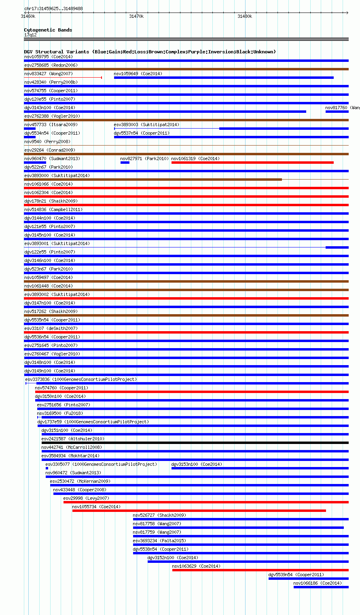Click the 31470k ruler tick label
point(136,16)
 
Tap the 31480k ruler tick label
point(245,16)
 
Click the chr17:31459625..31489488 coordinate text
point(53,8)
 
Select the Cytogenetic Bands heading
point(48,30)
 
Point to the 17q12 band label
point(30,35)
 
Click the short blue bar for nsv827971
point(125,163)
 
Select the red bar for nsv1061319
point(252,163)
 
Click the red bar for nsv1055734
point(199,511)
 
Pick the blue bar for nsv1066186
point(321,587)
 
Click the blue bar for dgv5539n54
point(308,579)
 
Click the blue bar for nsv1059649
point(224,78)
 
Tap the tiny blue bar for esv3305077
point(47,468)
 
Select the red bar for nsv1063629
point(260,570)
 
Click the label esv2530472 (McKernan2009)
point(80,481)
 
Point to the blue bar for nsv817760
point(337,112)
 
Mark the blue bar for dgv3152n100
point(248,562)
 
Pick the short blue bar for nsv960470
point(35,163)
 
